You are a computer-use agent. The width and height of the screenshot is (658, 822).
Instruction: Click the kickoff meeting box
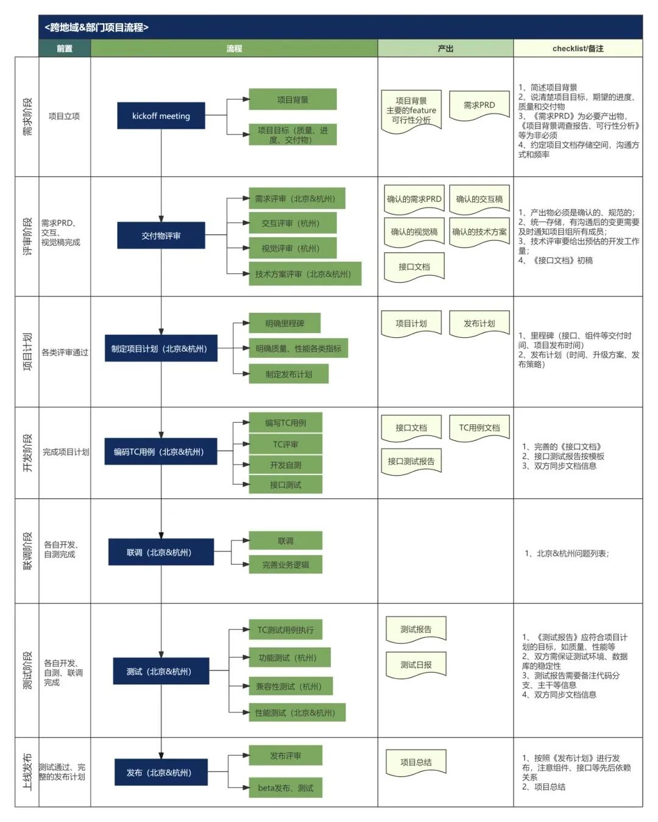click(161, 116)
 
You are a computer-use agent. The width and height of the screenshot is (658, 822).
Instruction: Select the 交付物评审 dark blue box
click(161, 235)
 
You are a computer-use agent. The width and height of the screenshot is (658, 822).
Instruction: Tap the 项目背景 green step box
click(292, 99)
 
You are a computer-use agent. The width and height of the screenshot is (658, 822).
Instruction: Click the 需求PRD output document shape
click(479, 105)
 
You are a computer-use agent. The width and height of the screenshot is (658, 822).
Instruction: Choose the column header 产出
click(445, 49)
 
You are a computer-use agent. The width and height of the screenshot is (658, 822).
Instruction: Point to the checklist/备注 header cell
click(578, 49)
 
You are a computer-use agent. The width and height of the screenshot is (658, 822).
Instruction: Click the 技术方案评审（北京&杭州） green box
click(304, 274)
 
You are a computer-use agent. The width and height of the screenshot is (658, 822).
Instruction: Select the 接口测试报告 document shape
click(411, 462)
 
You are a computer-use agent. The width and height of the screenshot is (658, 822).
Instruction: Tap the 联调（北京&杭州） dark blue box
click(161, 552)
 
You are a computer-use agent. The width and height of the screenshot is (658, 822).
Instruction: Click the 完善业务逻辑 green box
click(285, 565)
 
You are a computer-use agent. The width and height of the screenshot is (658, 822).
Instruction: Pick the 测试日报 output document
click(416, 665)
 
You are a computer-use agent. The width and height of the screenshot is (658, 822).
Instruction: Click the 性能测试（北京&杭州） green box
click(297, 712)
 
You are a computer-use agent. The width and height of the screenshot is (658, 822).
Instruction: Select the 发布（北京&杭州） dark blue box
click(161, 772)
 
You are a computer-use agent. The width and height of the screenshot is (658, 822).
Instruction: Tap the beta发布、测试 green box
click(285, 788)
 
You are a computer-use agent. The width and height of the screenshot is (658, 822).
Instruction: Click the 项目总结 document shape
click(416, 762)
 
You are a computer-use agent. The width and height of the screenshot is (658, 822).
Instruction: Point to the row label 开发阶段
click(27, 452)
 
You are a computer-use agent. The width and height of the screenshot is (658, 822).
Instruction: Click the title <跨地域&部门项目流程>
click(96, 27)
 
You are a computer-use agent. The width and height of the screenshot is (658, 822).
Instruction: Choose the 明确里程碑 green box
click(285, 323)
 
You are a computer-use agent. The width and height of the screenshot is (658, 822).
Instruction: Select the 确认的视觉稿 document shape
click(414, 232)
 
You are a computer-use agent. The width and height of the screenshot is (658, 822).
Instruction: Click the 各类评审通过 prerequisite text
click(65, 352)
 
